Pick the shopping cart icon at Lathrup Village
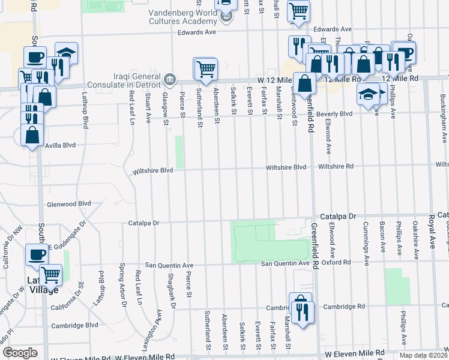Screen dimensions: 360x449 [52, 275]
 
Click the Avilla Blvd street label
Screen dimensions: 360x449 [61, 145]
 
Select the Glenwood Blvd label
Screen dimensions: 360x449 [69, 204]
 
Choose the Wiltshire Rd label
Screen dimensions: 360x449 [336, 166]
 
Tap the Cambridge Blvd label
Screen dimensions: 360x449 [75, 325]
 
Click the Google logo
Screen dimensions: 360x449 [20, 352]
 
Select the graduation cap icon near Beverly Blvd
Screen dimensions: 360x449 [368, 94]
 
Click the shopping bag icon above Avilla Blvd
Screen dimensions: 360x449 [32, 135]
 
